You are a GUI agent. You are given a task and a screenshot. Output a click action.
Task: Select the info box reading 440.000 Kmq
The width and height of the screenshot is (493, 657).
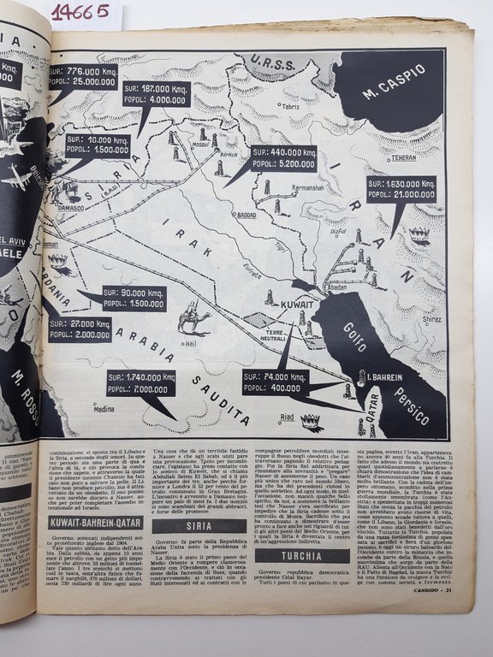(x=284, y=159)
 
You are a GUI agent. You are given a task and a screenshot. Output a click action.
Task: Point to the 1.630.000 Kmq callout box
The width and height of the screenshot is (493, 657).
(x=401, y=189)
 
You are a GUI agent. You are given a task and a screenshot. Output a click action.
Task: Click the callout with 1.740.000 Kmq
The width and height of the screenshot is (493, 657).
(x=141, y=382)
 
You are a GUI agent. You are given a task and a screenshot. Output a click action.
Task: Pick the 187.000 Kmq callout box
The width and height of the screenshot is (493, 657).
(x=157, y=93)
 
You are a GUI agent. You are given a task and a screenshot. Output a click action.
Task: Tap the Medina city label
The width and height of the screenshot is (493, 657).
(x=103, y=409)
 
